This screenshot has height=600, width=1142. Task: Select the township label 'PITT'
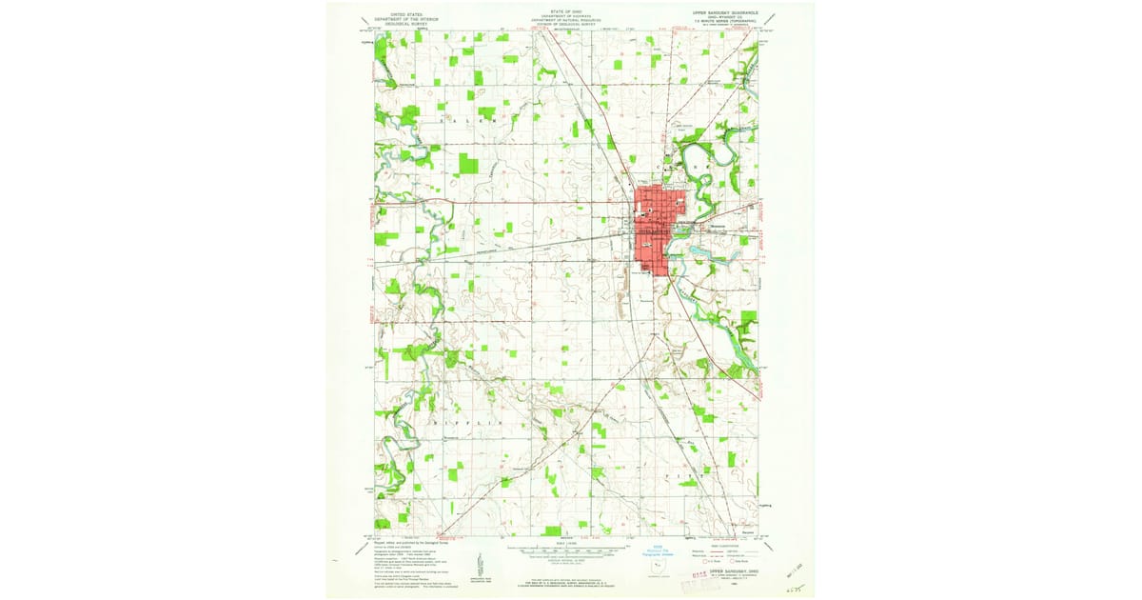(x=699, y=472)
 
